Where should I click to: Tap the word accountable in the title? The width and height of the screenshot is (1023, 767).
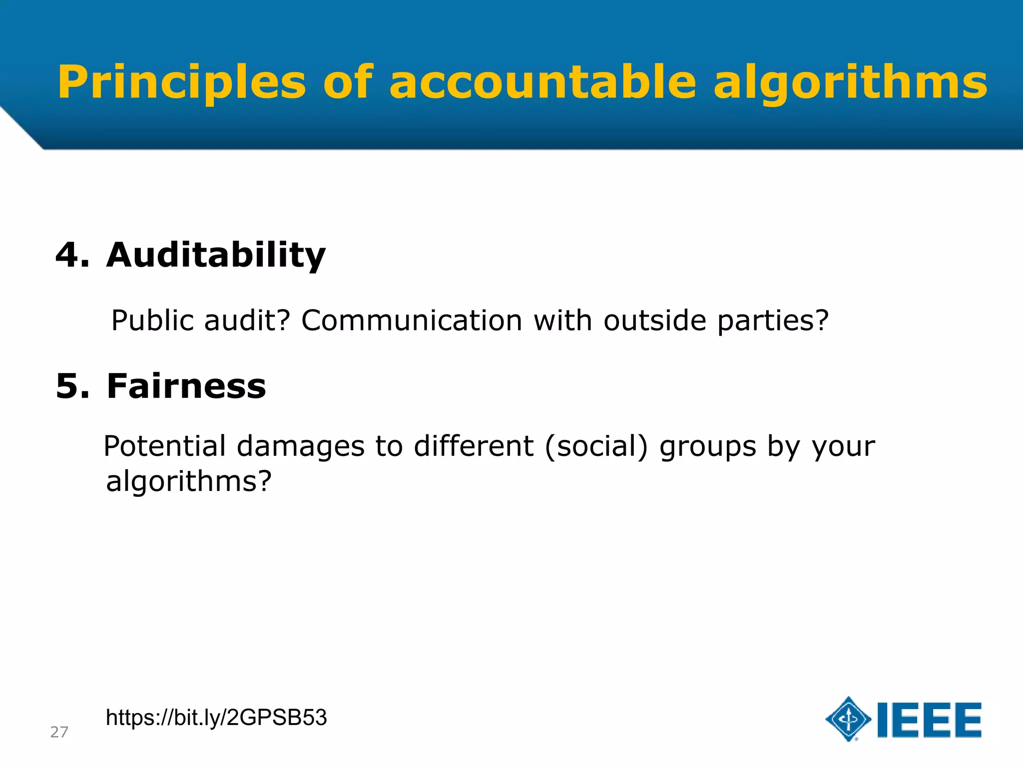coord(542,82)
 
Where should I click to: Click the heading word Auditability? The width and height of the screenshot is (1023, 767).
coord(216,255)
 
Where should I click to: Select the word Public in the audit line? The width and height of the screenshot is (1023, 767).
coord(152,320)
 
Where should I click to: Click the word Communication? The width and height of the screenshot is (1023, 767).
coord(412,320)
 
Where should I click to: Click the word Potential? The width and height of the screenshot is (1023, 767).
coord(165,445)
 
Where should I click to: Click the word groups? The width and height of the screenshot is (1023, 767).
coord(708,446)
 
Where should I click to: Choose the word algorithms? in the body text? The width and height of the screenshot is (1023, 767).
coord(189,481)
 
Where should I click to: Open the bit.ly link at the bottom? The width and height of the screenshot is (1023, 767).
coord(216,718)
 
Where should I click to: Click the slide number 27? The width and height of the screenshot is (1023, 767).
coord(59,732)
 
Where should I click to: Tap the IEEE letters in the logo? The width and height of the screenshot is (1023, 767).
coord(929,720)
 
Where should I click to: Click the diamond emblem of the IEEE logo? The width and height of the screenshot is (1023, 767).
coord(848,719)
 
